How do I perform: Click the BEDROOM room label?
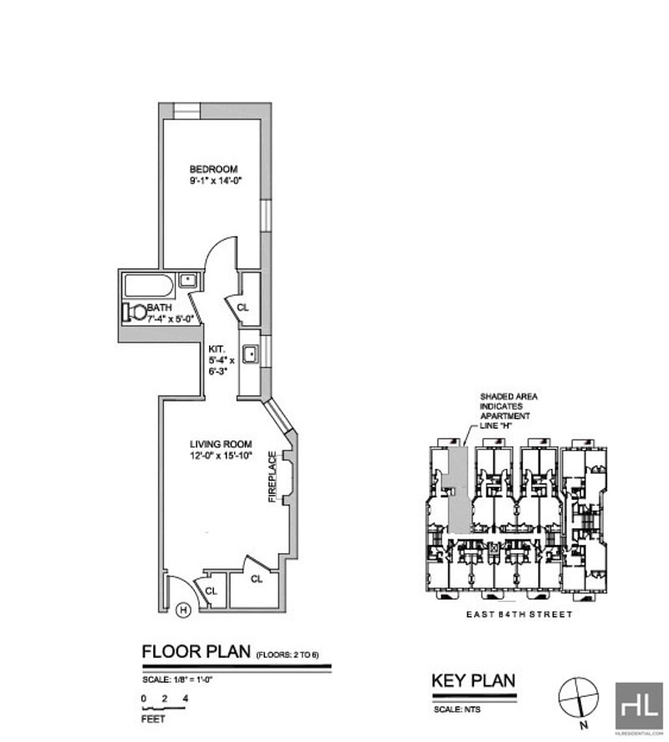click(x=213, y=169)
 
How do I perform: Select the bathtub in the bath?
click(x=149, y=285)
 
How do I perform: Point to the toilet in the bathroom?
click(x=135, y=313)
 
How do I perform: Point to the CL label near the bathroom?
click(x=243, y=307)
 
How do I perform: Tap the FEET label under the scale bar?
click(x=153, y=718)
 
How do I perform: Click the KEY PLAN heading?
click(x=472, y=680)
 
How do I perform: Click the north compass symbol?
click(x=579, y=694)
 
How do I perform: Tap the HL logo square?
click(x=638, y=705)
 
